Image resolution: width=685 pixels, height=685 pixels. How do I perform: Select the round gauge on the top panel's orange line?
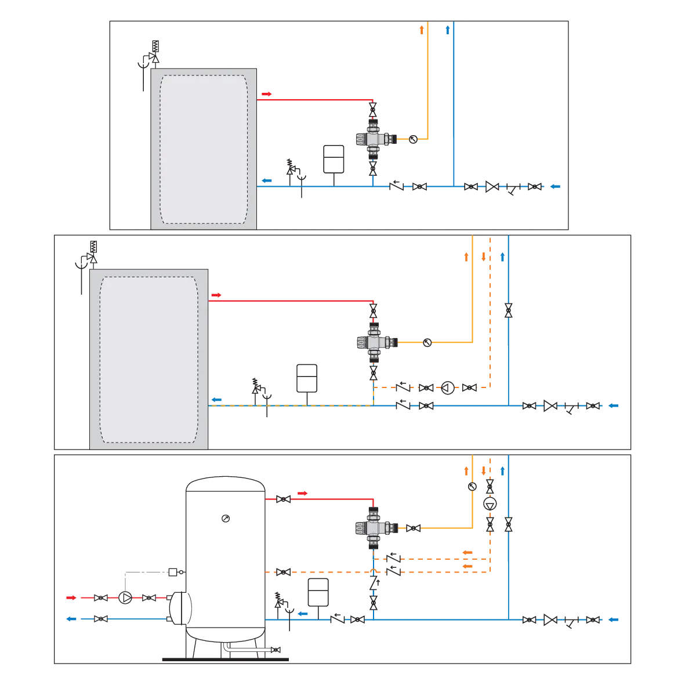pyautogui.click(x=414, y=139)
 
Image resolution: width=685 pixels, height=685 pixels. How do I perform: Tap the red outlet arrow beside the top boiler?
pyautogui.click(x=267, y=93)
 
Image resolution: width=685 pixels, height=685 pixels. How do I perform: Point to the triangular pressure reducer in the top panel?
pyautogui.click(x=492, y=187)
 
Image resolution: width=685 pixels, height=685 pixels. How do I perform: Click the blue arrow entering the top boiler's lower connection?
pyautogui.click(x=266, y=180)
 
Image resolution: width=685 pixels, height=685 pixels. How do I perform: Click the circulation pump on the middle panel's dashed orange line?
pyautogui.click(x=448, y=387)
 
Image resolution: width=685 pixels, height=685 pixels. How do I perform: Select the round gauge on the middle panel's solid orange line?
pyautogui.click(x=427, y=343)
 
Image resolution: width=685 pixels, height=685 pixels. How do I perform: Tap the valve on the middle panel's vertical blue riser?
pyautogui.click(x=509, y=310)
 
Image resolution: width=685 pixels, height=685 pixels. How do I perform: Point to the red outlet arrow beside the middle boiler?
pyautogui.click(x=216, y=295)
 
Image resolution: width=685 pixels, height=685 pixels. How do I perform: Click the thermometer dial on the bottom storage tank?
pyautogui.click(x=226, y=518)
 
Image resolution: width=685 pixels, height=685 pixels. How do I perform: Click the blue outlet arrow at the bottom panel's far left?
pyautogui.click(x=71, y=619)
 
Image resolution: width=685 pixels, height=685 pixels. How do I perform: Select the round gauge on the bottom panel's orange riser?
pyautogui.click(x=473, y=487)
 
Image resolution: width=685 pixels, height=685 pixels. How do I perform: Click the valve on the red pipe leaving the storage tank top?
pyautogui.click(x=284, y=499)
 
